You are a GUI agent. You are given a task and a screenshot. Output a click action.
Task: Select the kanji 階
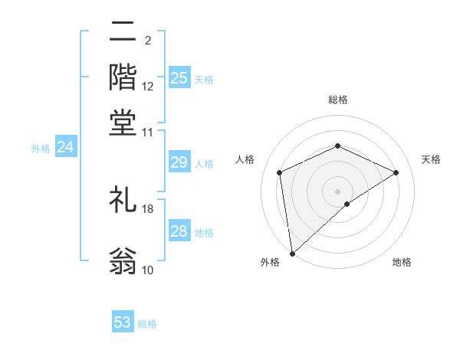click(x=123, y=77)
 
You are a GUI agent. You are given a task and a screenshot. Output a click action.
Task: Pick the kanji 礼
click(x=123, y=201)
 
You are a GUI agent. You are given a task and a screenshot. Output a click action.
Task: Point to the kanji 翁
click(x=123, y=260)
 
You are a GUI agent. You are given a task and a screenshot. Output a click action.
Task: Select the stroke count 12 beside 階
click(x=148, y=87)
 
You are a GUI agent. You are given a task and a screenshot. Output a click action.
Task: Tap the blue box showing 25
click(x=179, y=77)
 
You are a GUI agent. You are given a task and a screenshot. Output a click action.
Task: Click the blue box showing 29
click(x=179, y=162)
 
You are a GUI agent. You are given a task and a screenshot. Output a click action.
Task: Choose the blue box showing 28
click(x=179, y=231)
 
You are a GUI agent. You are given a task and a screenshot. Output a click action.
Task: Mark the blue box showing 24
click(x=65, y=147)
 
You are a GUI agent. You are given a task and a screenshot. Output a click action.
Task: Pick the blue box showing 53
click(x=123, y=322)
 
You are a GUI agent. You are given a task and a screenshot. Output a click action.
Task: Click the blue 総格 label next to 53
click(x=147, y=324)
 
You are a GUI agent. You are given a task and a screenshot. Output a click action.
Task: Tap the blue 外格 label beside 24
click(x=40, y=149)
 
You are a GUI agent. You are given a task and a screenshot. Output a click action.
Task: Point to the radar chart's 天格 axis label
click(x=431, y=159)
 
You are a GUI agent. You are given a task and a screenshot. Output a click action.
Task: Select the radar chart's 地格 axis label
click(x=402, y=262)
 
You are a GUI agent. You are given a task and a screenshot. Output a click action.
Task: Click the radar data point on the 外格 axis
click(x=292, y=254)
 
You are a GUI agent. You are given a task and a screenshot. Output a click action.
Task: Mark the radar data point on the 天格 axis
click(x=396, y=172)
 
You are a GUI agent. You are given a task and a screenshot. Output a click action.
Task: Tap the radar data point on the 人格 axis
click(x=280, y=172)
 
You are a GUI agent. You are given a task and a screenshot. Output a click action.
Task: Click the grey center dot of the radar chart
click(x=338, y=191)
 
